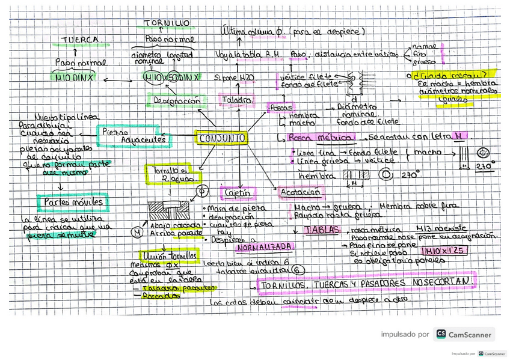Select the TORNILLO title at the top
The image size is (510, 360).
167,23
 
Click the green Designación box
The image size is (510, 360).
177,101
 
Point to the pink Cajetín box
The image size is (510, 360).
238,193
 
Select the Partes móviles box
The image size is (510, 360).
73,202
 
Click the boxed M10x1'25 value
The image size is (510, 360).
444,251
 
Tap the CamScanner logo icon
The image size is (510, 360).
441,334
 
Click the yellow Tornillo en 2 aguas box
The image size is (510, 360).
170,174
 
